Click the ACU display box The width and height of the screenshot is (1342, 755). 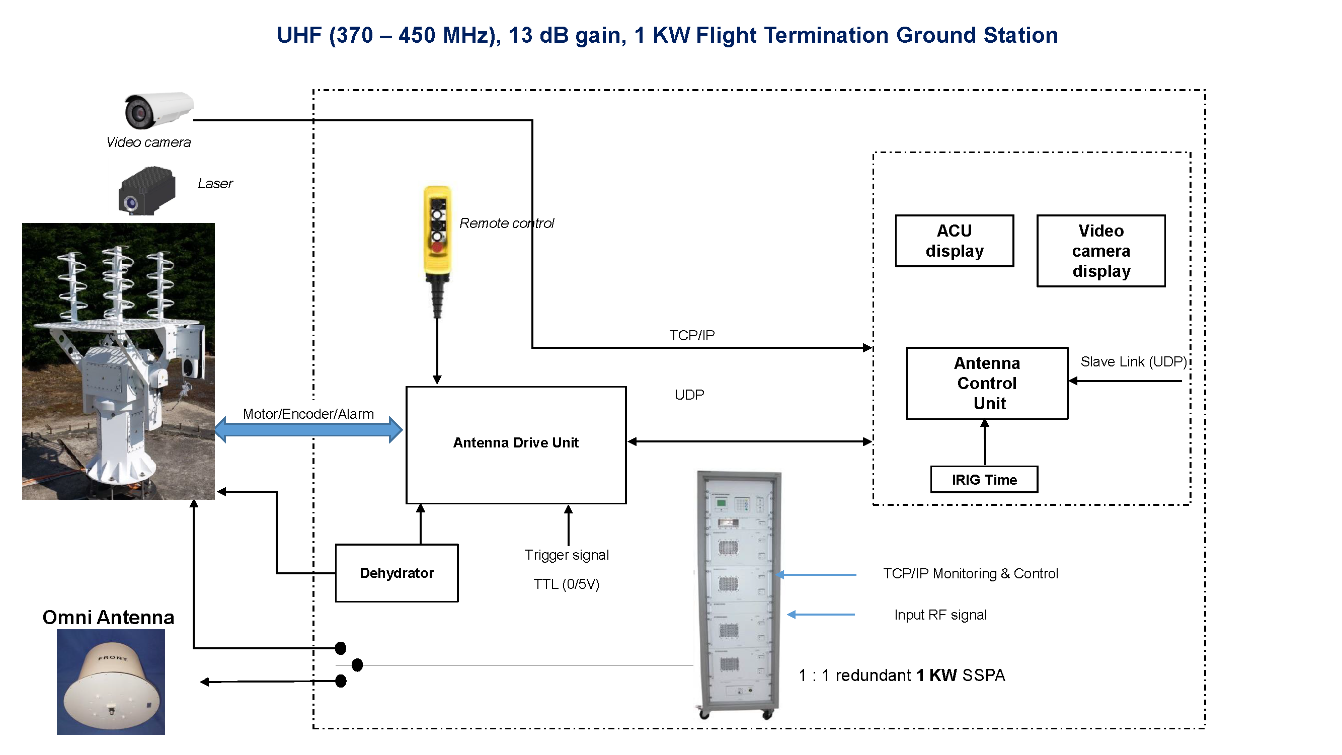click(954, 241)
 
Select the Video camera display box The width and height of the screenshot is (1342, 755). click(1100, 251)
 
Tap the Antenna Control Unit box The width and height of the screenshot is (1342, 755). click(987, 383)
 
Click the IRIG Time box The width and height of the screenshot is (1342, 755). click(984, 479)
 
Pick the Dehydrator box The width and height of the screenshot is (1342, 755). click(397, 573)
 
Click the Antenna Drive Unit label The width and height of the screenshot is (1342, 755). click(515, 442)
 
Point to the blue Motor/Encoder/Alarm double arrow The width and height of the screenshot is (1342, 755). click(308, 429)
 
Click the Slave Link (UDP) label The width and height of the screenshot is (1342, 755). click(1133, 361)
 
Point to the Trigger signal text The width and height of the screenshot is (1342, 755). click(566, 554)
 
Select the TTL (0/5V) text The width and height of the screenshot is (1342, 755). click(566, 583)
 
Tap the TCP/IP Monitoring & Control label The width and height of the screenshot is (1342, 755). click(970, 573)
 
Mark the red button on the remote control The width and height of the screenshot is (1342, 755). click(437, 247)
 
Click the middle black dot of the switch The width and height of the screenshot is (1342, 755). click(357, 664)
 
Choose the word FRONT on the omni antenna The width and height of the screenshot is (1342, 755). click(113, 657)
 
